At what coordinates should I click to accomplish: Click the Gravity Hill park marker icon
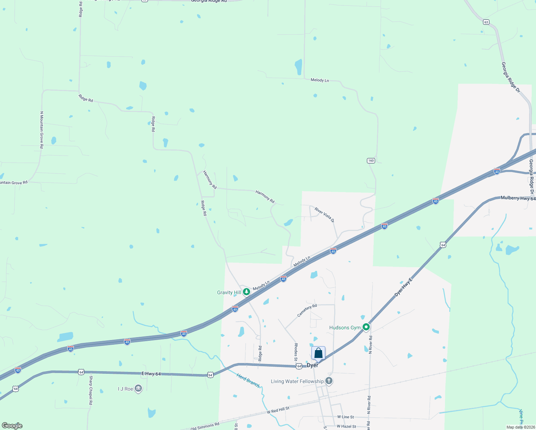[x=247, y=292]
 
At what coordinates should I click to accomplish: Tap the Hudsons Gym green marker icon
[x=366, y=327]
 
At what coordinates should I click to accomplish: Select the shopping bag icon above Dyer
[x=318, y=353]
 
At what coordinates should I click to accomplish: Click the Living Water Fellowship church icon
[x=329, y=381]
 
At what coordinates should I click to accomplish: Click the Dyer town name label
[x=312, y=365]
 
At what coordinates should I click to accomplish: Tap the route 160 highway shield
[x=371, y=161]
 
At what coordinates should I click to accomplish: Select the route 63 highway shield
[x=486, y=22]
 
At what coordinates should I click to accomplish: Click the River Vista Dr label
[x=324, y=215]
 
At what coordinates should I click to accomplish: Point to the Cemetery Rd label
[x=307, y=311]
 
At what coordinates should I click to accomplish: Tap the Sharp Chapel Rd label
[x=91, y=390]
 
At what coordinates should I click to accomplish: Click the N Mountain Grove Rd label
[x=42, y=130]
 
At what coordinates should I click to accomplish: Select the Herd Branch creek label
[x=248, y=380]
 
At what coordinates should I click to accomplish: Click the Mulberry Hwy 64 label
[x=518, y=198]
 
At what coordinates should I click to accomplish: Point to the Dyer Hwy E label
[x=403, y=287]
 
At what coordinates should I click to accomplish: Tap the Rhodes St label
[x=296, y=352]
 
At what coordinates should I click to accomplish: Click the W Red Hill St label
[x=278, y=410]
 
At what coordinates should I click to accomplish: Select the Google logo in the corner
[x=12, y=426]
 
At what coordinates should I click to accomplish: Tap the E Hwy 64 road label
[x=151, y=374]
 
